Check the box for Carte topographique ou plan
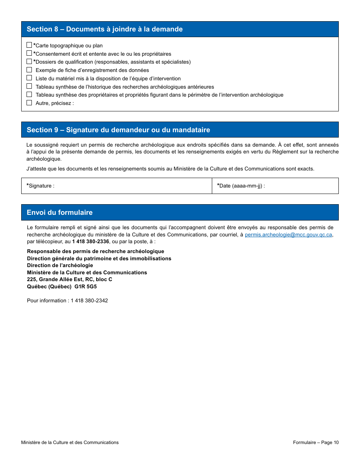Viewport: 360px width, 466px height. (29, 45)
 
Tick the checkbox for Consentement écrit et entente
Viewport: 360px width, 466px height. (29, 53)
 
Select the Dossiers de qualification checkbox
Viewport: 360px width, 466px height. (29, 61)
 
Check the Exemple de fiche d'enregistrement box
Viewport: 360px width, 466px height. (29, 70)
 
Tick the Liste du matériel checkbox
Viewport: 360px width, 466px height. (29, 78)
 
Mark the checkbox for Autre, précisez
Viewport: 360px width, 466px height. (29, 103)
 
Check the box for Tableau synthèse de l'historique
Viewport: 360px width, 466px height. (29, 86)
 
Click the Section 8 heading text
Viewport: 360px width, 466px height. (105, 29)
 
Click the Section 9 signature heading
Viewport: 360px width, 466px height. (118, 130)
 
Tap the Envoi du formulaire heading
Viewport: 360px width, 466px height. (59, 213)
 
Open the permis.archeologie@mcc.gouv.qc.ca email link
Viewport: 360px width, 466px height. (288, 235)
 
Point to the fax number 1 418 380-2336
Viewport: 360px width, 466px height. (91, 242)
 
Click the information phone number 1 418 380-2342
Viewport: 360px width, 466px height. (89, 301)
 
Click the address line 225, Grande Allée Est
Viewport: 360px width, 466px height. (69, 280)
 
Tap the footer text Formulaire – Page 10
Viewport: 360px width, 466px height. (316, 443)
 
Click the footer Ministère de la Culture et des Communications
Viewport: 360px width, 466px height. (70, 443)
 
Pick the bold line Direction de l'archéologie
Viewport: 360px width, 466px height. (60, 266)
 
